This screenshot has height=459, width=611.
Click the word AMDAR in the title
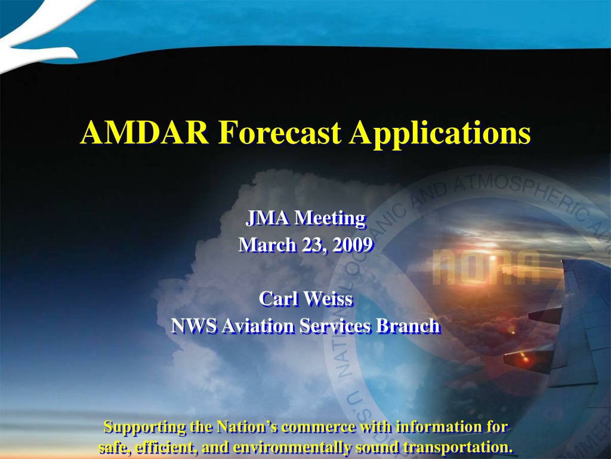[x=144, y=132]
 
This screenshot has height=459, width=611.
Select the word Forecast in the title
[x=280, y=132]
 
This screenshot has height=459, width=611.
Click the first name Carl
[x=279, y=299]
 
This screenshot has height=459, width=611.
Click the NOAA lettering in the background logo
[x=486, y=267]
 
